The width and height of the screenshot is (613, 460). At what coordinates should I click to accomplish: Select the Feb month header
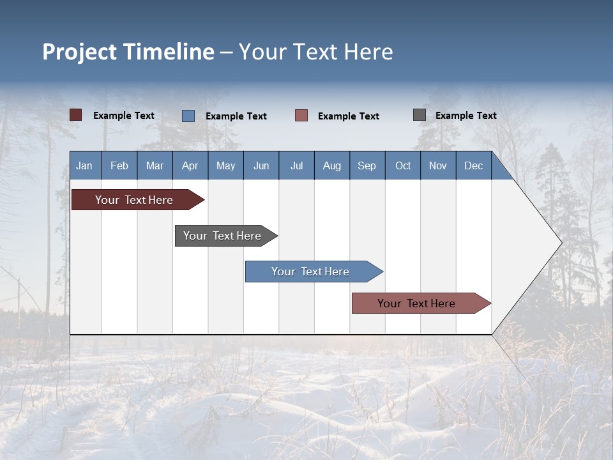[119, 165]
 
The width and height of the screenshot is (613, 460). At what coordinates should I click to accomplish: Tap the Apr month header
[190, 165]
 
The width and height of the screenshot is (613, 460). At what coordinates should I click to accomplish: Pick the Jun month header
[261, 165]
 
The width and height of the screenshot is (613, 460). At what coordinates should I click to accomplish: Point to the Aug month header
[332, 165]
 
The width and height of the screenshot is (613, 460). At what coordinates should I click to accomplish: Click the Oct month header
[403, 165]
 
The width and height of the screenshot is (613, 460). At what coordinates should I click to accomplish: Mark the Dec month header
[474, 165]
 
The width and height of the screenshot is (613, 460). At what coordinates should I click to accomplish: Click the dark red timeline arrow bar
[138, 199]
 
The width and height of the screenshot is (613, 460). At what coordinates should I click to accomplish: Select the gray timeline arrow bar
[226, 236]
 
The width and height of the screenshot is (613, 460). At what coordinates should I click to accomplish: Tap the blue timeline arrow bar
[314, 272]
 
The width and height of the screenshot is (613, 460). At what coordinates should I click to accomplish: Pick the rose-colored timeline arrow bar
[421, 303]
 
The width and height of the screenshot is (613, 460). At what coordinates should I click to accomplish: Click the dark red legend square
[75, 115]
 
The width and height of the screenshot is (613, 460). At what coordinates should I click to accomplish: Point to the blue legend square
[188, 116]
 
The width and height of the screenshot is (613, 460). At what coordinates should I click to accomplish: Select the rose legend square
[301, 116]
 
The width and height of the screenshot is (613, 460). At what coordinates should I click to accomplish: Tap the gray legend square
[420, 115]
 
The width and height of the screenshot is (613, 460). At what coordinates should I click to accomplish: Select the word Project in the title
[79, 52]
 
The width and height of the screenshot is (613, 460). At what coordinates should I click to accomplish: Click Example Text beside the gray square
[466, 116]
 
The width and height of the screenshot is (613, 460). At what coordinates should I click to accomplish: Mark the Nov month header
[438, 165]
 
